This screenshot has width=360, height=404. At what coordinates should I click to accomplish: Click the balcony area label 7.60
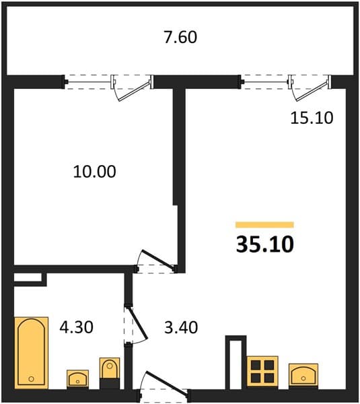pos(180,37)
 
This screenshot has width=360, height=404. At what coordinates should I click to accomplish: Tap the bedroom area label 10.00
pos(94,172)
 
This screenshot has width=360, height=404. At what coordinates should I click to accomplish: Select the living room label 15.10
pos(312,118)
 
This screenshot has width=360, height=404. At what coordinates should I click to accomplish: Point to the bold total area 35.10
pos(264,244)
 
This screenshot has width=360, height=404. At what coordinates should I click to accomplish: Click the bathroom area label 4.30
pos(77,327)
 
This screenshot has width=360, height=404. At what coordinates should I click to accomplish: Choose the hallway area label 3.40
pos(181,327)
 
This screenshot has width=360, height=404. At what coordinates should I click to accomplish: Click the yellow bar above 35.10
pos(264,225)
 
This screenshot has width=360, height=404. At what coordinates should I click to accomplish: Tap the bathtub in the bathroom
pos(32,352)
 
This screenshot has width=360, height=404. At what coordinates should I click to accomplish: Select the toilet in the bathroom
pos(110,372)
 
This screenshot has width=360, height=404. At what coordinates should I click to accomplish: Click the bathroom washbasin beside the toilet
pos(78,378)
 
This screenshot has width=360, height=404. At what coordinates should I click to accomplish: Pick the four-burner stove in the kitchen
pos(262,371)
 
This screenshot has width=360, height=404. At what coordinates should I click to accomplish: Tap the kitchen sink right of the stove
pos(303,375)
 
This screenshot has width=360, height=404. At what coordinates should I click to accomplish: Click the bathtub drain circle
pos(32,378)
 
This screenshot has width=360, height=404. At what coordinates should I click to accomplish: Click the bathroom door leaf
pos(138,323)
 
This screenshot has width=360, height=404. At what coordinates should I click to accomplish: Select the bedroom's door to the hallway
pos(159,260)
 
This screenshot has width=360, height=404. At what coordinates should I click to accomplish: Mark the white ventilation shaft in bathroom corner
pos(28,277)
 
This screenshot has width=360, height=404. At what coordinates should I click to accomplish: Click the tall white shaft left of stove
pos(236,364)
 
